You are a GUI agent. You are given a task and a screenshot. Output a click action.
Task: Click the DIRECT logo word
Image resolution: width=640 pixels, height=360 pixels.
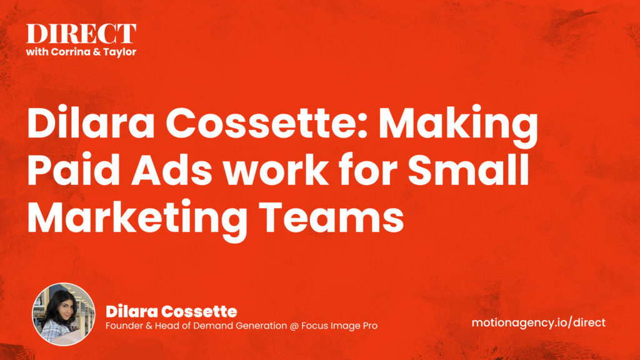81,34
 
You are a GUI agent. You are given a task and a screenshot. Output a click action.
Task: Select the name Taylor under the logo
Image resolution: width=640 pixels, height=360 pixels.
119,52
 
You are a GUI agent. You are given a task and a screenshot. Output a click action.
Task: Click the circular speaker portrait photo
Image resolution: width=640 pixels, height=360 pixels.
64,314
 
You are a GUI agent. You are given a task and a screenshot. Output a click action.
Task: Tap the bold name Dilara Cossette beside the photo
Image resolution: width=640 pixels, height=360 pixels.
171,311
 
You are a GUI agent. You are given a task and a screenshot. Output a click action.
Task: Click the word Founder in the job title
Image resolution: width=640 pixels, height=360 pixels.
124,326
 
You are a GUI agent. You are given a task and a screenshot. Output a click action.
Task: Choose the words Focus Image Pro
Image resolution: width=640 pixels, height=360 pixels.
337,326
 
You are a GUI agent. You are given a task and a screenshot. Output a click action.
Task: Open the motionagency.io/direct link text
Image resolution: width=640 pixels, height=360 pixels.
538,322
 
